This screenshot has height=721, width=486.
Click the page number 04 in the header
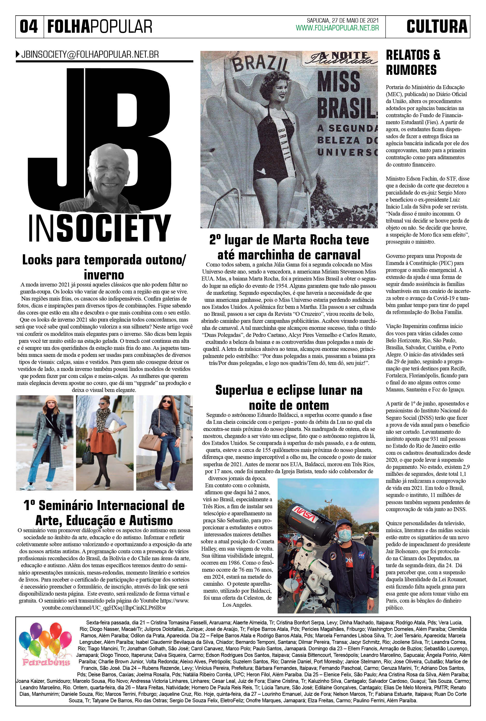pos(29,26)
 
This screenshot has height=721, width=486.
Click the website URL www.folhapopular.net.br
pos(337,28)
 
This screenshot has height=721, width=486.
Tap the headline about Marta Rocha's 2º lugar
pos(289,247)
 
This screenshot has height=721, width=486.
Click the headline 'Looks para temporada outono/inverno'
pos(104,267)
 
